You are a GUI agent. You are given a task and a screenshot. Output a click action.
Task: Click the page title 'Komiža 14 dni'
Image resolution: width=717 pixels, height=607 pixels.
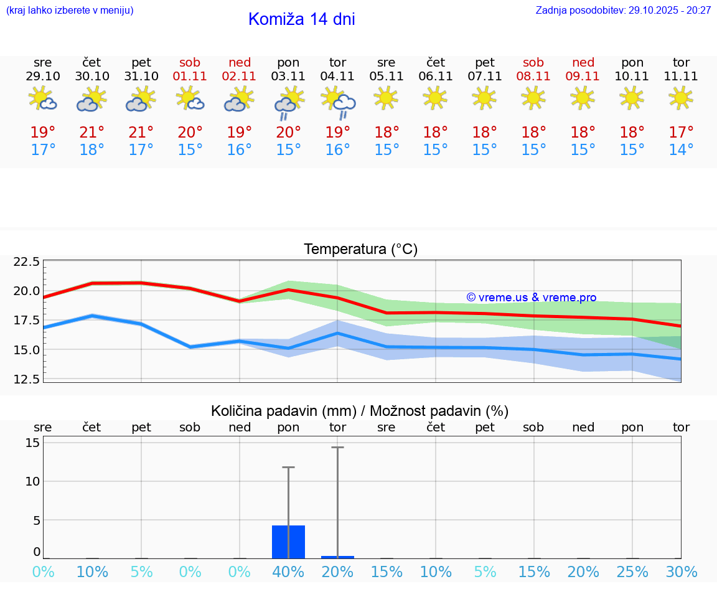[x=301, y=19]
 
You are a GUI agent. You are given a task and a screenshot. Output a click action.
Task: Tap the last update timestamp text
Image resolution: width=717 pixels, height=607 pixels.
[x=623, y=11]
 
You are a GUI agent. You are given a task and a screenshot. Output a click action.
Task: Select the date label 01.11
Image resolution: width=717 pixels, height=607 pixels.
[x=190, y=77]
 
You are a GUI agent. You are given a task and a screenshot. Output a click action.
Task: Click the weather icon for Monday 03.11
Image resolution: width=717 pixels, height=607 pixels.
[x=288, y=102]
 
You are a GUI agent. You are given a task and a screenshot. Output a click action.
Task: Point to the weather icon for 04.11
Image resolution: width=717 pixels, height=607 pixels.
[x=338, y=102]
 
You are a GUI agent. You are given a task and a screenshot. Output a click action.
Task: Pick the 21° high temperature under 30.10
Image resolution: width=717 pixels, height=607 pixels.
[x=92, y=133]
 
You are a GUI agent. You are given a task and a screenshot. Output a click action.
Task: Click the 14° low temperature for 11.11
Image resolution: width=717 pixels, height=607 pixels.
[x=681, y=150]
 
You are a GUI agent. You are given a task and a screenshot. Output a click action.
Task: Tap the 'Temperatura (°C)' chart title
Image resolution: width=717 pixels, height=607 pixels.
[x=360, y=250]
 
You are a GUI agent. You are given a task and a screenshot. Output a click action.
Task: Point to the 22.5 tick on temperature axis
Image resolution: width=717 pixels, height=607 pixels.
[x=27, y=261]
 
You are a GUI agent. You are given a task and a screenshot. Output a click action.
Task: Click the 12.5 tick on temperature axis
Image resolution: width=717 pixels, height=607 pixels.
[x=27, y=379]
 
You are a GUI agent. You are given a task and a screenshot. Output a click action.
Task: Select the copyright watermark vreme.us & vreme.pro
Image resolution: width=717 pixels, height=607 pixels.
[x=531, y=298]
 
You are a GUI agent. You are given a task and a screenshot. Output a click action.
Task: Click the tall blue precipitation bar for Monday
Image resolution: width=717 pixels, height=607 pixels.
[x=288, y=542]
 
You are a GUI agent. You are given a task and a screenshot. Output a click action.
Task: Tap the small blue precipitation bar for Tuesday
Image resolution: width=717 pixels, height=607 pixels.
[x=337, y=557]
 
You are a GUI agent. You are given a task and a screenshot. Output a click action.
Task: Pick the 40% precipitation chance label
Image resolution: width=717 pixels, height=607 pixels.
[x=288, y=572]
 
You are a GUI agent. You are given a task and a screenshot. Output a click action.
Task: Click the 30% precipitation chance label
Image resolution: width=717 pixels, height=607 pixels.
[x=681, y=572]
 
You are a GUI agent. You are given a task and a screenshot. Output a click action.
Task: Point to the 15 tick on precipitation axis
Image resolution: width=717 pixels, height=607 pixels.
[x=32, y=443]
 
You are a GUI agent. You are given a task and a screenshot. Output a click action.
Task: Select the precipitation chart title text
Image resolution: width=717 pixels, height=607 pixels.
[x=360, y=411]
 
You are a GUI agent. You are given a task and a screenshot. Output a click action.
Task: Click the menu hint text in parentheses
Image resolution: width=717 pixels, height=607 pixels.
[x=69, y=11]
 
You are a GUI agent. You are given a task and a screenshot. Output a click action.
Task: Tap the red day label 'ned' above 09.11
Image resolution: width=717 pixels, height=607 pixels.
[x=583, y=62]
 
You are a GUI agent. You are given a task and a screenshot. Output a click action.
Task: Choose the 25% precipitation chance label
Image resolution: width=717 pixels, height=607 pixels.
[x=632, y=572]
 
